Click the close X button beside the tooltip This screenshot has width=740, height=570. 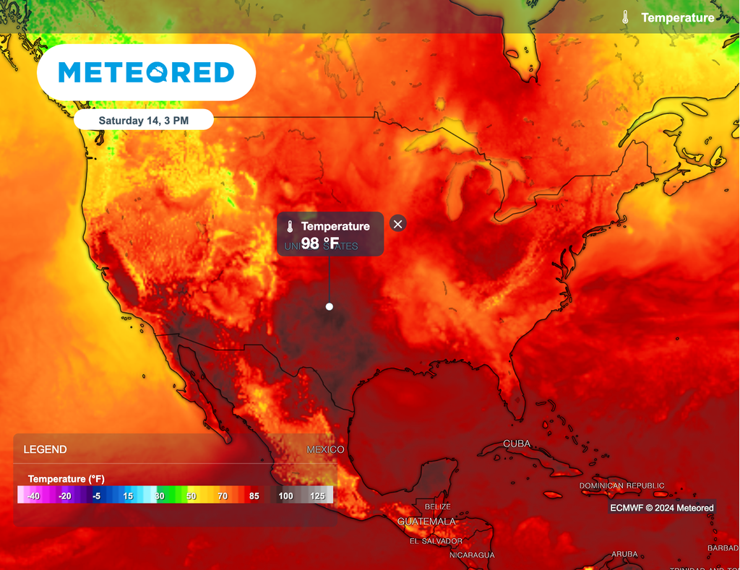pos(397,224)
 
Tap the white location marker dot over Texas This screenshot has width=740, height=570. pos(330,306)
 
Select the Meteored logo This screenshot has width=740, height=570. pos(146,72)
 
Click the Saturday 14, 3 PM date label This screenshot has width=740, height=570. pos(144,121)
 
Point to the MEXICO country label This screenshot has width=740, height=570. pos(325,449)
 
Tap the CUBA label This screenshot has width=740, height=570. pos(517,444)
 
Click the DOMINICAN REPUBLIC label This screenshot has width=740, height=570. pos(622,486)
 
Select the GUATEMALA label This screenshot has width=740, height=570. pos(426,521)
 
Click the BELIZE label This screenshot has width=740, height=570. pos(438,506)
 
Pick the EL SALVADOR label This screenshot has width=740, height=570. pos(436,541)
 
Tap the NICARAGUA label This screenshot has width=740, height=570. pos(472,555)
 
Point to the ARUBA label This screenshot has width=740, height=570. pos(625,554)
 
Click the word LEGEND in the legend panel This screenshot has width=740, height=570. pos(45,449)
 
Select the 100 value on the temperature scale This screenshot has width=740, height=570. pos(286,496)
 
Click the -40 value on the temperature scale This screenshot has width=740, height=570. pos(33,496)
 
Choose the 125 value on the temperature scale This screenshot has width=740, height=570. pos(317,496)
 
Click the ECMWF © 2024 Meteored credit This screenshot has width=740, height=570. pos(662,508)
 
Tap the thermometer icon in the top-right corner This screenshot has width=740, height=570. pos(626,17)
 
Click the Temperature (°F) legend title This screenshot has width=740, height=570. pos(66,479)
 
